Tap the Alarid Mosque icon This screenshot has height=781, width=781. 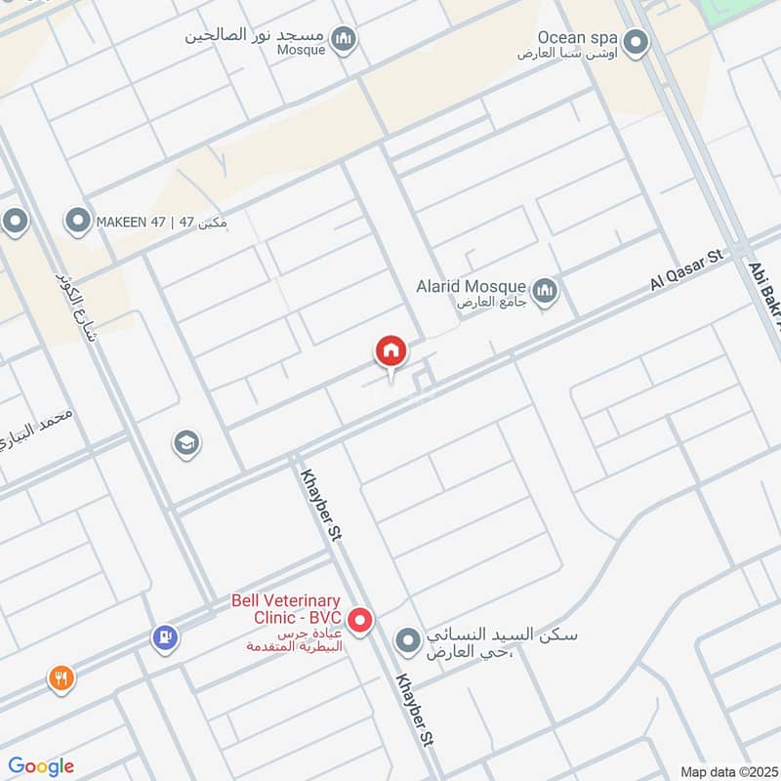pos(545,290)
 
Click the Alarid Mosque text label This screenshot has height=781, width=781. pos(471,288)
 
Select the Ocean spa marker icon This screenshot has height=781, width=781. pos(637,42)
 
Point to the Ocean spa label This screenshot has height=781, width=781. pos(573,37)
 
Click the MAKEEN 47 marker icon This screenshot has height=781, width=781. pos(77,222)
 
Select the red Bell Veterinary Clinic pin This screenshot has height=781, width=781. pos(360,620)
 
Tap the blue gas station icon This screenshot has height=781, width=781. pos(165,637)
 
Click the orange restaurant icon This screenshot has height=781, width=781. pos(62,678)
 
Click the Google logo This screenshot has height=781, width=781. pos(41,766)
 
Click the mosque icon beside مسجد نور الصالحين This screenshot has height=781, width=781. pos(343,39)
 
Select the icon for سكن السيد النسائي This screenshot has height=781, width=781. pos(407,641)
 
